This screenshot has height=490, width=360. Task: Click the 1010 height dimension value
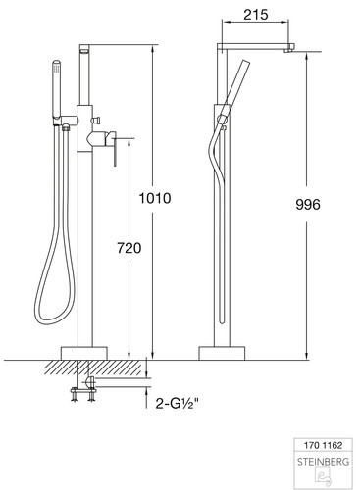coord(155,198)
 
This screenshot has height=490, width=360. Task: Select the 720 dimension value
coord(129,248)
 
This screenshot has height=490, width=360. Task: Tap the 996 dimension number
coord(308,205)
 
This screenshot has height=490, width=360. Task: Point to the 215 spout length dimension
coord(256,15)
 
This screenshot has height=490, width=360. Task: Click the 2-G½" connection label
coord(177,404)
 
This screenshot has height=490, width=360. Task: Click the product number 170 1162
coord(323,445)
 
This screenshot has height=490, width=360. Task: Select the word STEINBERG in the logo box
coord(323,462)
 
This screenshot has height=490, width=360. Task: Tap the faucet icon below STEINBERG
coord(323,476)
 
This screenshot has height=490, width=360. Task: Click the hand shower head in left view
coord(57,88)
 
